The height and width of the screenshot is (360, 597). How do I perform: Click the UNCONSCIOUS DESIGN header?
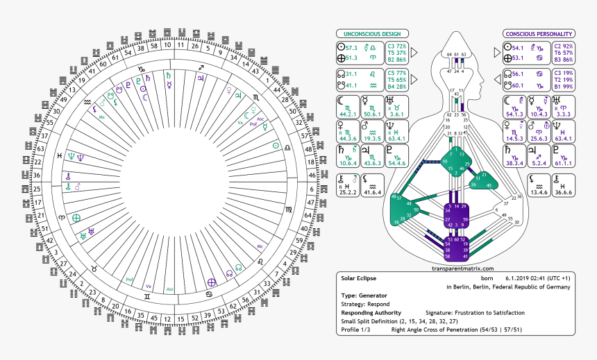tap(369, 33)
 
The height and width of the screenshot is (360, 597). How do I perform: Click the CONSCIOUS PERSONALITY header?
tap(538, 33)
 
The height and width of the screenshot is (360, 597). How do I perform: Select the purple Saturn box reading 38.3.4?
tap(514, 155)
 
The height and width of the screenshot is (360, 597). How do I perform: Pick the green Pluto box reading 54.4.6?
tap(396, 155)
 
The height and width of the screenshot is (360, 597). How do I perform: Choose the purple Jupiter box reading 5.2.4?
tap(538, 155)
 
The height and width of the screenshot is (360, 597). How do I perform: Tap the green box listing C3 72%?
tap(393, 53)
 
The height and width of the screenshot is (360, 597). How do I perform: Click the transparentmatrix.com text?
tap(463, 268)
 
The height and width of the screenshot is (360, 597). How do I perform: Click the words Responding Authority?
tap(372, 312)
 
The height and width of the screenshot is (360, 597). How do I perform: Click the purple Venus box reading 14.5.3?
tap(514, 130)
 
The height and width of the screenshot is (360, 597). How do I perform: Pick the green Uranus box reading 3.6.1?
tap(396, 106)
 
